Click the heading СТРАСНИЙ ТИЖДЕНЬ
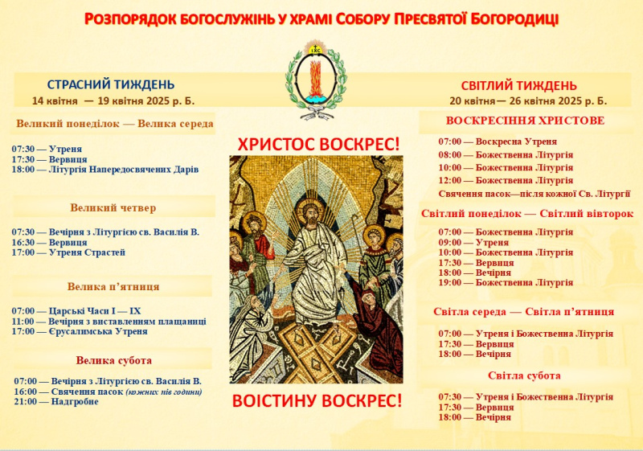pyautogui.click(x=111, y=84)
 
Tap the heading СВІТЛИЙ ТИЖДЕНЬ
pyautogui.click(x=518, y=86)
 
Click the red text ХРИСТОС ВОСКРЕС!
pyautogui.click(x=318, y=145)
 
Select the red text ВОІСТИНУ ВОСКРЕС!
pyautogui.click(x=317, y=400)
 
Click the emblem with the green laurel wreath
pyautogui.click(x=316, y=80)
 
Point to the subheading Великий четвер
pyautogui.click(x=113, y=208)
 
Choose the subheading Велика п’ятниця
pyautogui.click(x=113, y=286)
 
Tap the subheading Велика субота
pyautogui.click(x=113, y=360)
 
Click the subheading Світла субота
pyautogui.click(x=524, y=375)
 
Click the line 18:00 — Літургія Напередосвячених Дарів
pyautogui.click(x=105, y=170)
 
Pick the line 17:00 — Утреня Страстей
pyautogui.click(x=68, y=252)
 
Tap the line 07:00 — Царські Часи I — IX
pyautogui.click(x=76, y=311)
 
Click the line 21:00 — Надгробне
pyautogui.click(x=56, y=401)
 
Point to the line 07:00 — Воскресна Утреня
pyautogui.click(x=498, y=141)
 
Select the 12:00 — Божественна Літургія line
pyautogui.click(x=506, y=180)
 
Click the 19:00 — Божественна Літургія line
pyautogui.click(x=506, y=282)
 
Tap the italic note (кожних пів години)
pyautogui.click(x=164, y=392)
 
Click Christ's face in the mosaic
pyautogui.click(x=310, y=215)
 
